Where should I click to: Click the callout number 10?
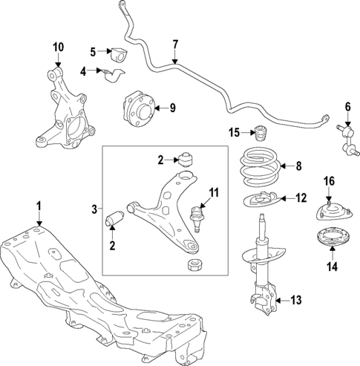(58, 48)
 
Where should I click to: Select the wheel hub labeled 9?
(137, 108)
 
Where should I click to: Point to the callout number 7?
(175, 44)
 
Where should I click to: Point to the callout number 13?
(295, 300)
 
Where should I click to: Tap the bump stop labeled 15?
(261, 138)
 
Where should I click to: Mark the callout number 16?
(330, 180)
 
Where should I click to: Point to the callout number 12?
(300, 197)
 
